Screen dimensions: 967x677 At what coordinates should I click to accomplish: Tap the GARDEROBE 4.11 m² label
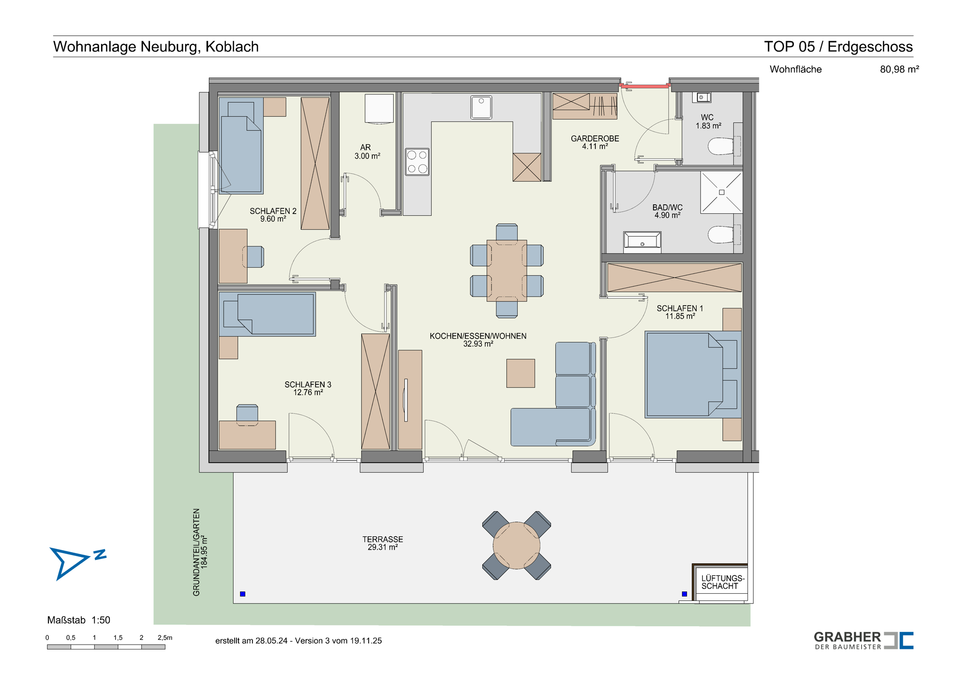click(595, 142)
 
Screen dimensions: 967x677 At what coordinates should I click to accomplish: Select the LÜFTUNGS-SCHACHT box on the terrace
click(721, 583)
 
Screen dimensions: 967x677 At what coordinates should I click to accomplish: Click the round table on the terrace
click(517, 545)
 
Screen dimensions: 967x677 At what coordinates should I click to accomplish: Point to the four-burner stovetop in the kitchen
click(417, 162)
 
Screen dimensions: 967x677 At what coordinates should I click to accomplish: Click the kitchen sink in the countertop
click(481, 107)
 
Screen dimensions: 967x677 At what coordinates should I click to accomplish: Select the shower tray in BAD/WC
click(721, 192)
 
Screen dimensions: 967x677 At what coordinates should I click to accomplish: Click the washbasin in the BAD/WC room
click(642, 241)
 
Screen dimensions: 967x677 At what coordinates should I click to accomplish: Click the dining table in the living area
click(507, 271)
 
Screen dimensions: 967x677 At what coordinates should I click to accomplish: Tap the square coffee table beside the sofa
click(521, 373)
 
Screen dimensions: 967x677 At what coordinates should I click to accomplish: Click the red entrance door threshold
click(645, 86)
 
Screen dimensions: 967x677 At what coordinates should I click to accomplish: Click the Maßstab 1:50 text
click(79, 620)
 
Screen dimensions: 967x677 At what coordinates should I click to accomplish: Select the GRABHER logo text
click(848, 637)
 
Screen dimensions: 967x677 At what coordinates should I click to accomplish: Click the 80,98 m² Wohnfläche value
click(899, 69)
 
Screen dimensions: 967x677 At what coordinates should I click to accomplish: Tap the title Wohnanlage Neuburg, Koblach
click(156, 46)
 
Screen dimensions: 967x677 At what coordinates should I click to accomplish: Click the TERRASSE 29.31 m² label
click(383, 543)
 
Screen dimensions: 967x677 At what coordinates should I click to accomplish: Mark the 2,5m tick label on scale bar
click(165, 638)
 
